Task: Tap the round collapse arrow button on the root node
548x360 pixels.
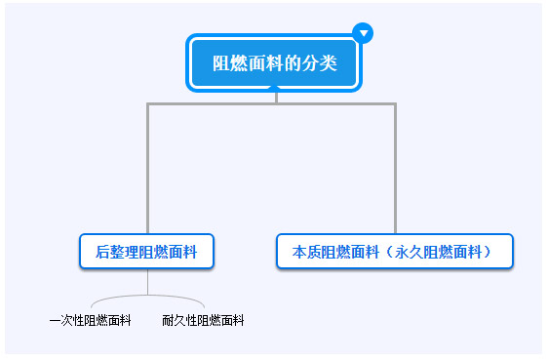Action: pyautogui.click(x=364, y=33)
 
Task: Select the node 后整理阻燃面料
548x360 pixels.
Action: pyautogui.click(x=146, y=251)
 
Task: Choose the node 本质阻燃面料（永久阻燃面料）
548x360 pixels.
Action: pyautogui.click(x=395, y=251)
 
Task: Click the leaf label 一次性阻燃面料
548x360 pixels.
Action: pyautogui.click(x=90, y=320)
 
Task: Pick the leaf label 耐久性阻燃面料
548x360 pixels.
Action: pyautogui.click(x=203, y=320)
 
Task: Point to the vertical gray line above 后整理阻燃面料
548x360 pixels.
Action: pyautogui.click(x=148, y=166)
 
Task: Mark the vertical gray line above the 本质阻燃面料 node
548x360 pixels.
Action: pyautogui.click(x=395, y=166)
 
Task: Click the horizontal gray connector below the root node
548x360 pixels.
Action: pyautogui.click(x=272, y=102)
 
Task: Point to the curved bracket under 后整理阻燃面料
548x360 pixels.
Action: pyautogui.click(x=147, y=297)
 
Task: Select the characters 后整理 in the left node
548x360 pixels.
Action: pyautogui.click(x=118, y=251)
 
